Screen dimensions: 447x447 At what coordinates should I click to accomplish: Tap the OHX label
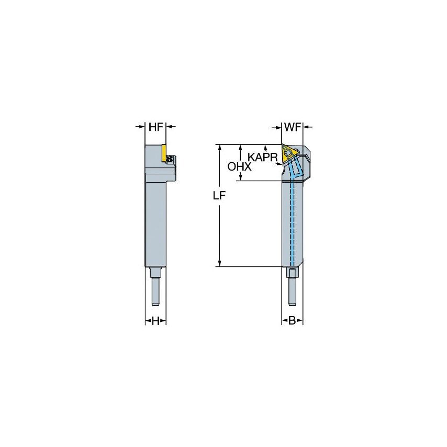(x=240, y=166)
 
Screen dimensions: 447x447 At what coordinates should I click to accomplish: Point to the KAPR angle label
(x=263, y=156)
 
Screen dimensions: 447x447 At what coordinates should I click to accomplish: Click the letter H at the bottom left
(x=155, y=321)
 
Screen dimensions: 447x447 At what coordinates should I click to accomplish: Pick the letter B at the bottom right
(x=293, y=321)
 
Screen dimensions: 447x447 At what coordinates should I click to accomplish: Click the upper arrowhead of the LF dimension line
(x=220, y=147)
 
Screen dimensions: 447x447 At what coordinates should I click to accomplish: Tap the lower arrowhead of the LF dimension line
(x=220, y=263)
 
